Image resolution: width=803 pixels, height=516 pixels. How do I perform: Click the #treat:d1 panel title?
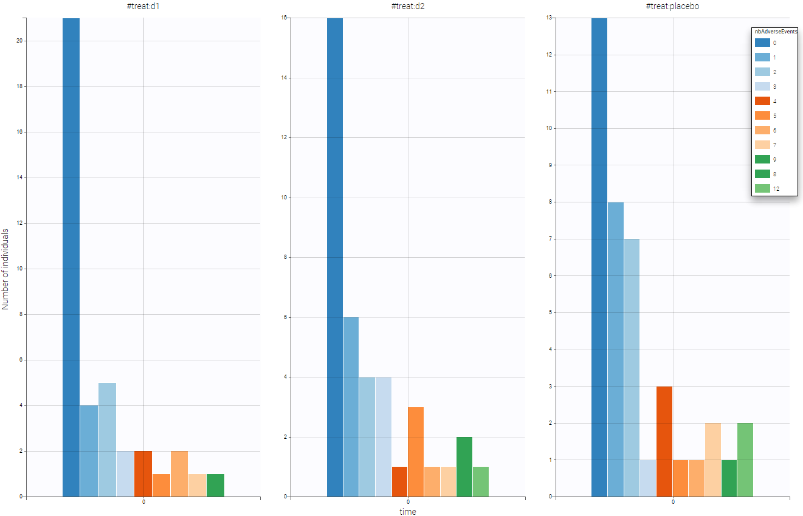coord(143,5)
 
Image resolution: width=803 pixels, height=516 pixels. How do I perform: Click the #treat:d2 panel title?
coord(408,5)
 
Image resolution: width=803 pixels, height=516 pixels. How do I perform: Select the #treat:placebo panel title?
coord(673,5)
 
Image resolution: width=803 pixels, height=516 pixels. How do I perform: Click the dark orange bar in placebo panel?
coord(664,441)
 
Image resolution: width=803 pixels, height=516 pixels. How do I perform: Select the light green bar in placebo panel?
coord(745,459)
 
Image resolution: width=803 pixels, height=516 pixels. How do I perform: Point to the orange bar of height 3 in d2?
coord(416,452)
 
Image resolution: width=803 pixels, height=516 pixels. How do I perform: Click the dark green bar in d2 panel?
coord(464,467)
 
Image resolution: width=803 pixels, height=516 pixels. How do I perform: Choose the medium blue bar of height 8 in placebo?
coord(616,349)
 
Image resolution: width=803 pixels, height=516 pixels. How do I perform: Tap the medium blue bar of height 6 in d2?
coord(351,407)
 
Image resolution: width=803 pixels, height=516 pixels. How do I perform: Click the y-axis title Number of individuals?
coord(5,269)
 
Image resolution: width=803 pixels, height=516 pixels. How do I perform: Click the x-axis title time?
coord(408,512)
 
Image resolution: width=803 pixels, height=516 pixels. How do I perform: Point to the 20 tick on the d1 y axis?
coord(21,41)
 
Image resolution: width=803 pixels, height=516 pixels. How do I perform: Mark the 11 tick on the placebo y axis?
coord(551,91)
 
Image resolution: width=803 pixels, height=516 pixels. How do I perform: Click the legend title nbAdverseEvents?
coord(774,31)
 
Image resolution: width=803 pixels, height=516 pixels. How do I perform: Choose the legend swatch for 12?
coord(762,188)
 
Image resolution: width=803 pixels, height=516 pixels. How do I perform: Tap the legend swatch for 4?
coord(762,101)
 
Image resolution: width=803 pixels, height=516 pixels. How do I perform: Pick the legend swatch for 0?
coord(762,43)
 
